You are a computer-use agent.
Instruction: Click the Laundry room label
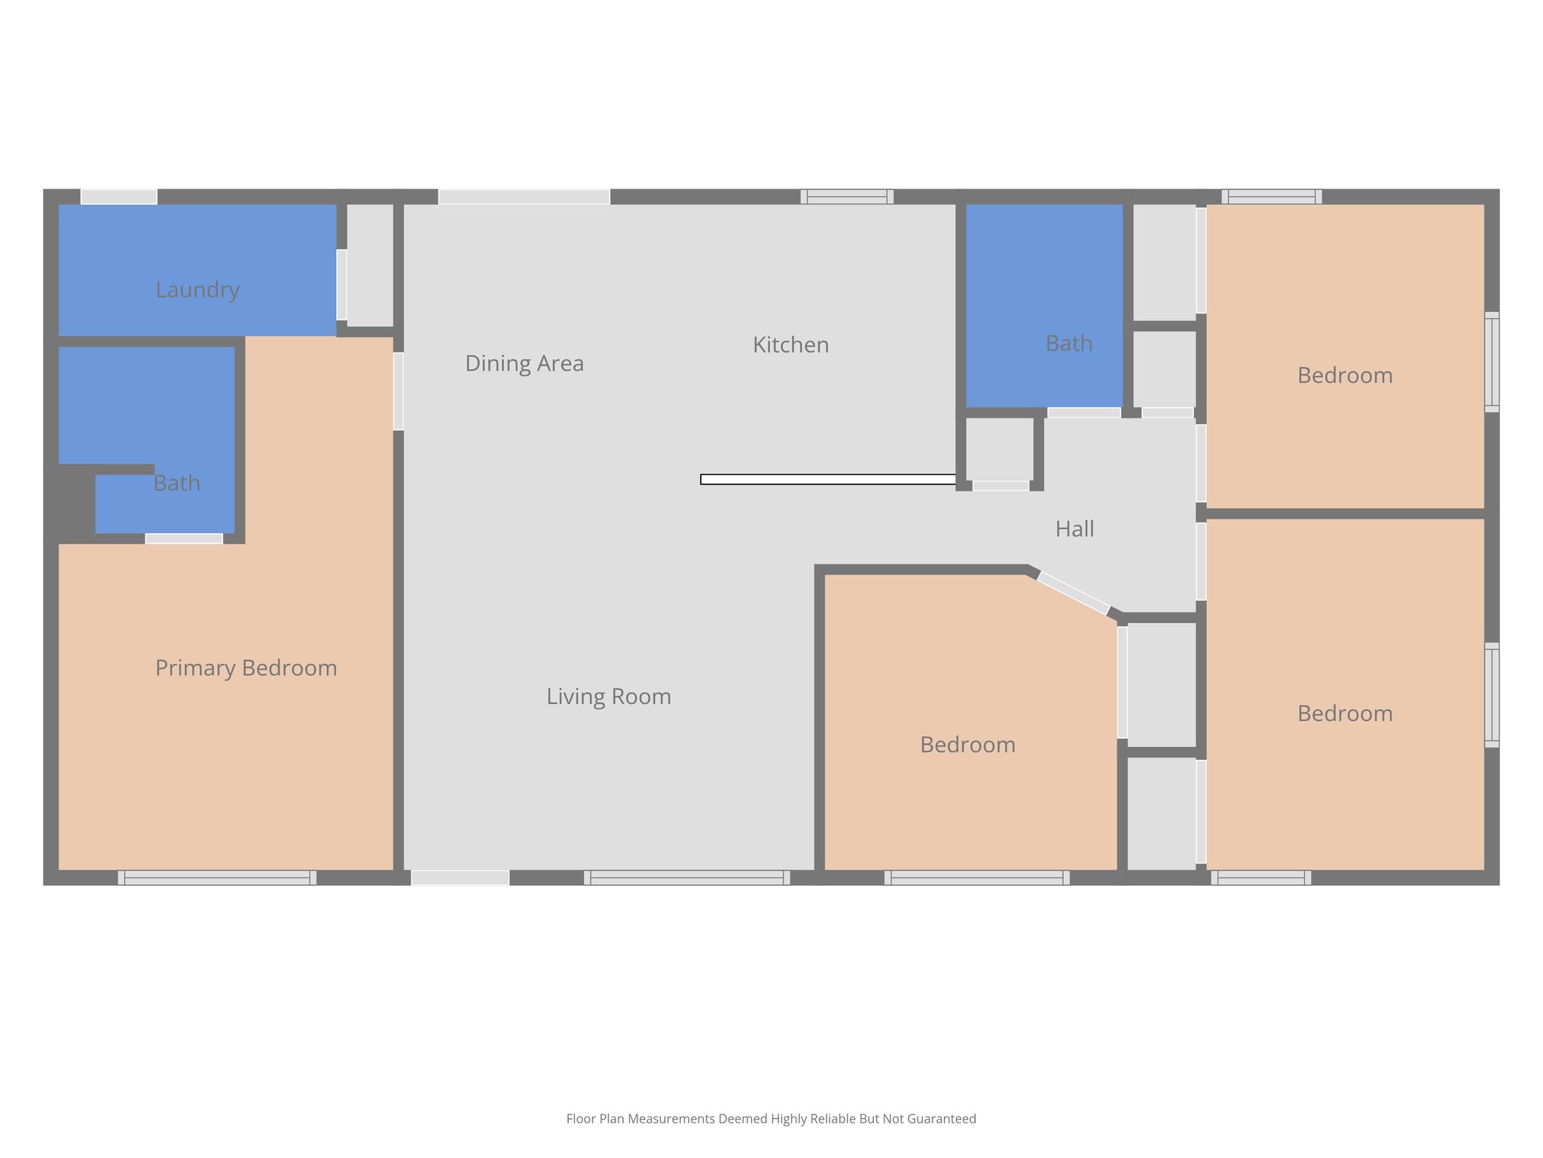coord(197,289)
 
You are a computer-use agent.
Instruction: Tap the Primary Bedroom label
coord(246,668)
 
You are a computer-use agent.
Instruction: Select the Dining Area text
coord(524,363)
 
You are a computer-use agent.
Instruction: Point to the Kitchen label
coord(790,345)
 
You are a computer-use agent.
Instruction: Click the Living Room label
coord(609,697)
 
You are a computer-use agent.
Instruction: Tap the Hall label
coord(1074,529)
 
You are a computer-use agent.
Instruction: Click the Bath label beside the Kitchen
coord(1068,344)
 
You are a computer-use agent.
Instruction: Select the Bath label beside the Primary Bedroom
coord(176,483)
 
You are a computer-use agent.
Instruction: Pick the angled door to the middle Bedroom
coord(1073,593)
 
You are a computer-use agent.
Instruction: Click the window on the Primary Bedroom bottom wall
coord(217,878)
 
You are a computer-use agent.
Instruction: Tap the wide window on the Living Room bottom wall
coord(686,878)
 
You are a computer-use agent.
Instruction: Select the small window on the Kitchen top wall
coord(847,197)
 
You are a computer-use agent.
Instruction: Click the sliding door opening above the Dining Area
coord(524,197)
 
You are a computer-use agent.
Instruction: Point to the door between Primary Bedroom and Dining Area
coord(398,391)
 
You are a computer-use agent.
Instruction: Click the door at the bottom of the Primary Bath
coord(184,538)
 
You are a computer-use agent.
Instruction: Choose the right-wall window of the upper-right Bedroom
coord(1491,362)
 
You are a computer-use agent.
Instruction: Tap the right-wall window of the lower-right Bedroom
coord(1491,694)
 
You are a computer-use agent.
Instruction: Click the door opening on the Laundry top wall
coord(119,197)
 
